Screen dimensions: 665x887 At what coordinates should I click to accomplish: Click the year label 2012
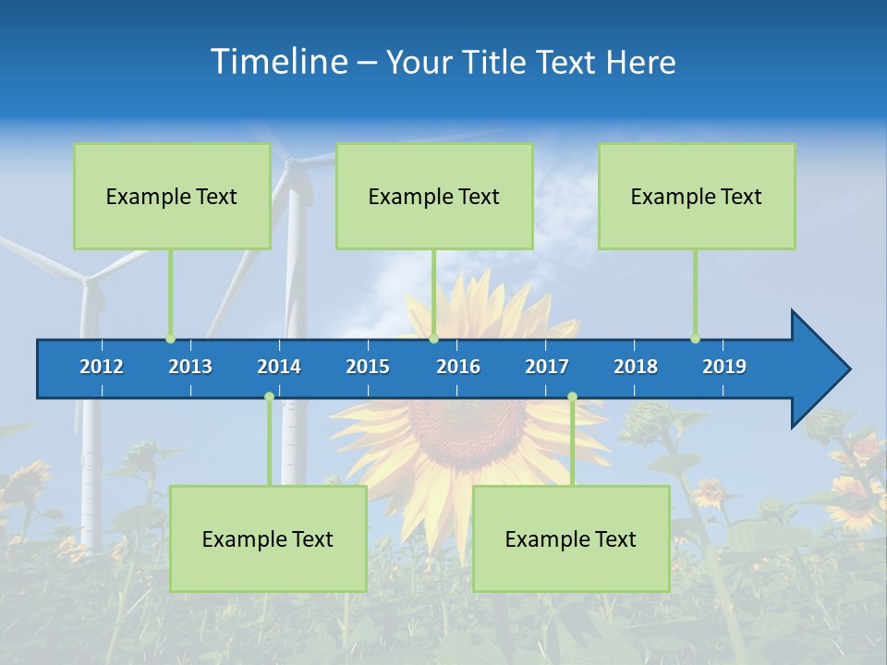pyautogui.click(x=102, y=367)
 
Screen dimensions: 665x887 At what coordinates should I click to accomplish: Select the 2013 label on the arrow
pyautogui.click(x=190, y=367)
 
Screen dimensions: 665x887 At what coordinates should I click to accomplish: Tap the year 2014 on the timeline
pyautogui.click(x=279, y=367)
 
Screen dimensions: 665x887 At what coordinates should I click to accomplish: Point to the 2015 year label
pyautogui.click(x=368, y=367)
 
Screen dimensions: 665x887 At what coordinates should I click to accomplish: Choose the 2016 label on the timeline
pyautogui.click(x=458, y=367)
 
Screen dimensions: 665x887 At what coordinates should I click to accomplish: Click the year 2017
pyautogui.click(x=547, y=367)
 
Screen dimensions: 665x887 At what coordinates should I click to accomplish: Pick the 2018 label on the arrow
pyautogui.click(x=636, y=367)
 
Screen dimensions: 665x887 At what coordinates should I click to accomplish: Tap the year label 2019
pyautogui.click(x=724, y=367)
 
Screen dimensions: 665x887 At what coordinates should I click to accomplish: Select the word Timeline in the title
pyautogui.click(x=279, y=62)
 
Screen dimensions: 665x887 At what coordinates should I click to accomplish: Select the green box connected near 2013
pyautogui.click(x=172, y=196)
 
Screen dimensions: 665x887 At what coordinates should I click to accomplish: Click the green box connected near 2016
pyautogui.click(x=434, y=196)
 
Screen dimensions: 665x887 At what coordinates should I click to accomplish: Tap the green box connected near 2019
pyautogui.click(x=697, y=196)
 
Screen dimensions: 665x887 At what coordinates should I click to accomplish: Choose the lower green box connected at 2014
pyautogui.click(x=268, y=538)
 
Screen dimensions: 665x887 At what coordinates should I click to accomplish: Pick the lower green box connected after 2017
pyautogui.click(x=571, y=538)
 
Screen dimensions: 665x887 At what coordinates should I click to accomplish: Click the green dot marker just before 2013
pyautogui.click(x=170, y=339)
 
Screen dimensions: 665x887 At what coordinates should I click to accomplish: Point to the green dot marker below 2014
pyautogui.click(x=269, y=397)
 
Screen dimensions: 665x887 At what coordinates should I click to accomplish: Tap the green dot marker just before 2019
pyautogui.click(x=695, y=339)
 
